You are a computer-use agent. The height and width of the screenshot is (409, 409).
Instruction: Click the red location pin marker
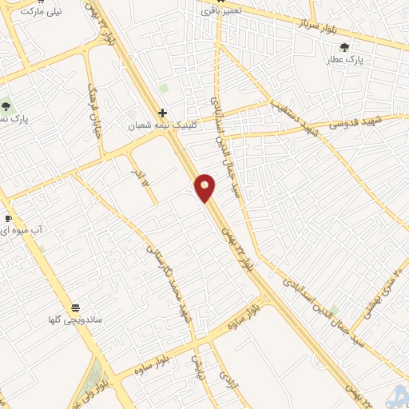205,188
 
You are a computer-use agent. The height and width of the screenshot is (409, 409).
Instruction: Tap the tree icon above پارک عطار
345,47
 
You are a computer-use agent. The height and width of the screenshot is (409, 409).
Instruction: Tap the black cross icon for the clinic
163,113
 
